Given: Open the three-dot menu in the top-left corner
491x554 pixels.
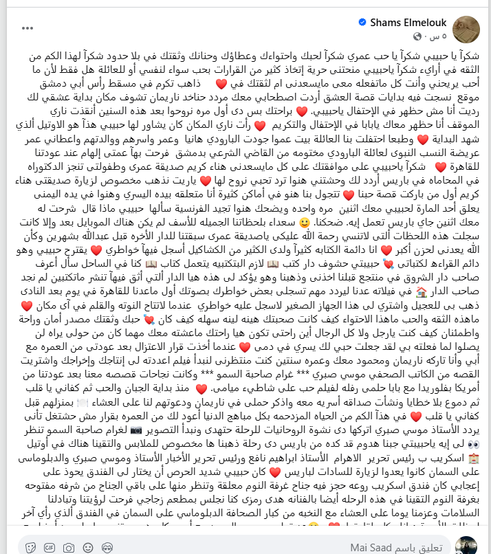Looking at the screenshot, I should pos(27,29).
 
